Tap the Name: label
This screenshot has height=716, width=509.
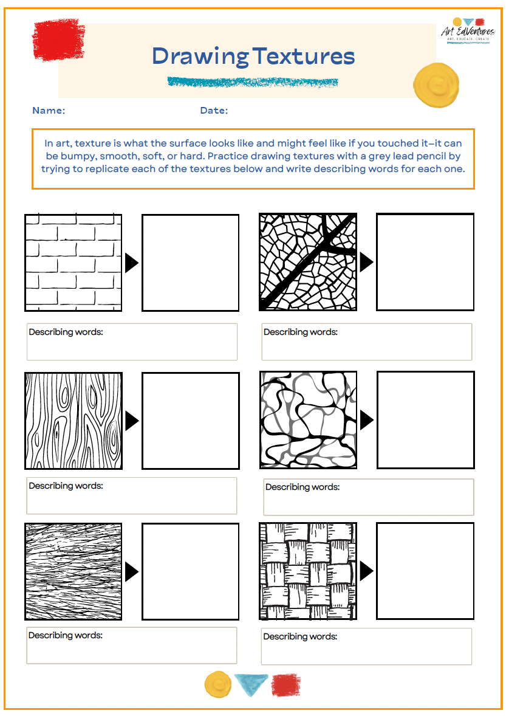click(x=49, y=111)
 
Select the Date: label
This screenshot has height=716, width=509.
click(x=214, y=111)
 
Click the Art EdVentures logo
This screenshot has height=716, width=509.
click(x=467, y=30)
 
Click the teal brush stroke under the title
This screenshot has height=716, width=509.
click(x=252, y=81)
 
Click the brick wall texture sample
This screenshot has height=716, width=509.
click(x=73, y=263)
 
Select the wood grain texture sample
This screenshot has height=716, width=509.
click(x=73, y=421)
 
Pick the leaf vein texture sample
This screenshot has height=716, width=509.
click(x=308, y=262)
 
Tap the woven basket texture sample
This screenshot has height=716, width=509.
click(x=308, y=571)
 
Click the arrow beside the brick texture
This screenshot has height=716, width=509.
click(x=131, y=263)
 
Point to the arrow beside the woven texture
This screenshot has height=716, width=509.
click(x=366, y=571)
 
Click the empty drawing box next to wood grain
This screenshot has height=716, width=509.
click(x=190, y=421)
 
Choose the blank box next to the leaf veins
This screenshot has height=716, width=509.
click(x=425, y=262)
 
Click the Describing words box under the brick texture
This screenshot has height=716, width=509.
click(x=131, y=342)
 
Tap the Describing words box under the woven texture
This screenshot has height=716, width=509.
click(x=366, y=646)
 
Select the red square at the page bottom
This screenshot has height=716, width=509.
click(x=285, y=684)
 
